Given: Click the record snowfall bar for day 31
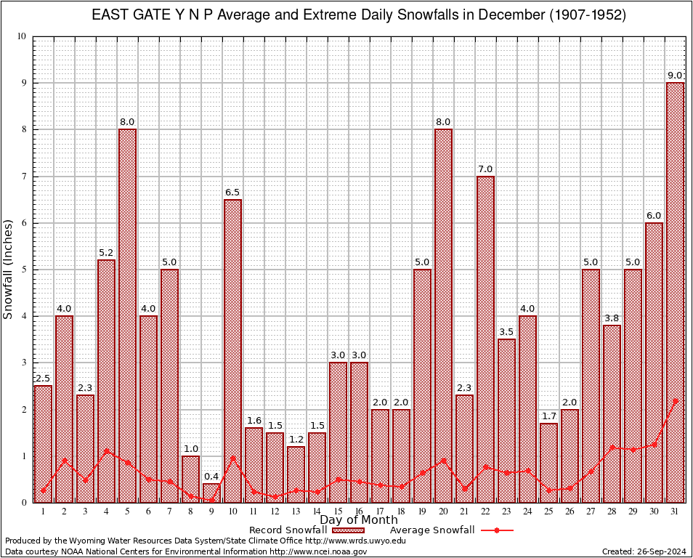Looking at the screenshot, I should point(675,291).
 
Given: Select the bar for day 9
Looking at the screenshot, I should point(211,493).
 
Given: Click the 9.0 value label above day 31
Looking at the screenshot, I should point(675,76).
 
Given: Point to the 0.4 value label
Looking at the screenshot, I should point(211,477).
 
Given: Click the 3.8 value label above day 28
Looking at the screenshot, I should point(612,318).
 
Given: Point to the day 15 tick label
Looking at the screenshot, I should point(338,511).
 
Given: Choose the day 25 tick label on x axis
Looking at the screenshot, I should point(548,511).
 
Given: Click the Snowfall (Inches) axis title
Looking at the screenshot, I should point(9,270).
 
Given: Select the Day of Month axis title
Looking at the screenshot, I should point(358,520).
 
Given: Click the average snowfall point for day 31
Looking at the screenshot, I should point(675,400).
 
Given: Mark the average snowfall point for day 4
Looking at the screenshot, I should point(106,450).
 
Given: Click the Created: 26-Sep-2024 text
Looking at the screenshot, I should point(644,551).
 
